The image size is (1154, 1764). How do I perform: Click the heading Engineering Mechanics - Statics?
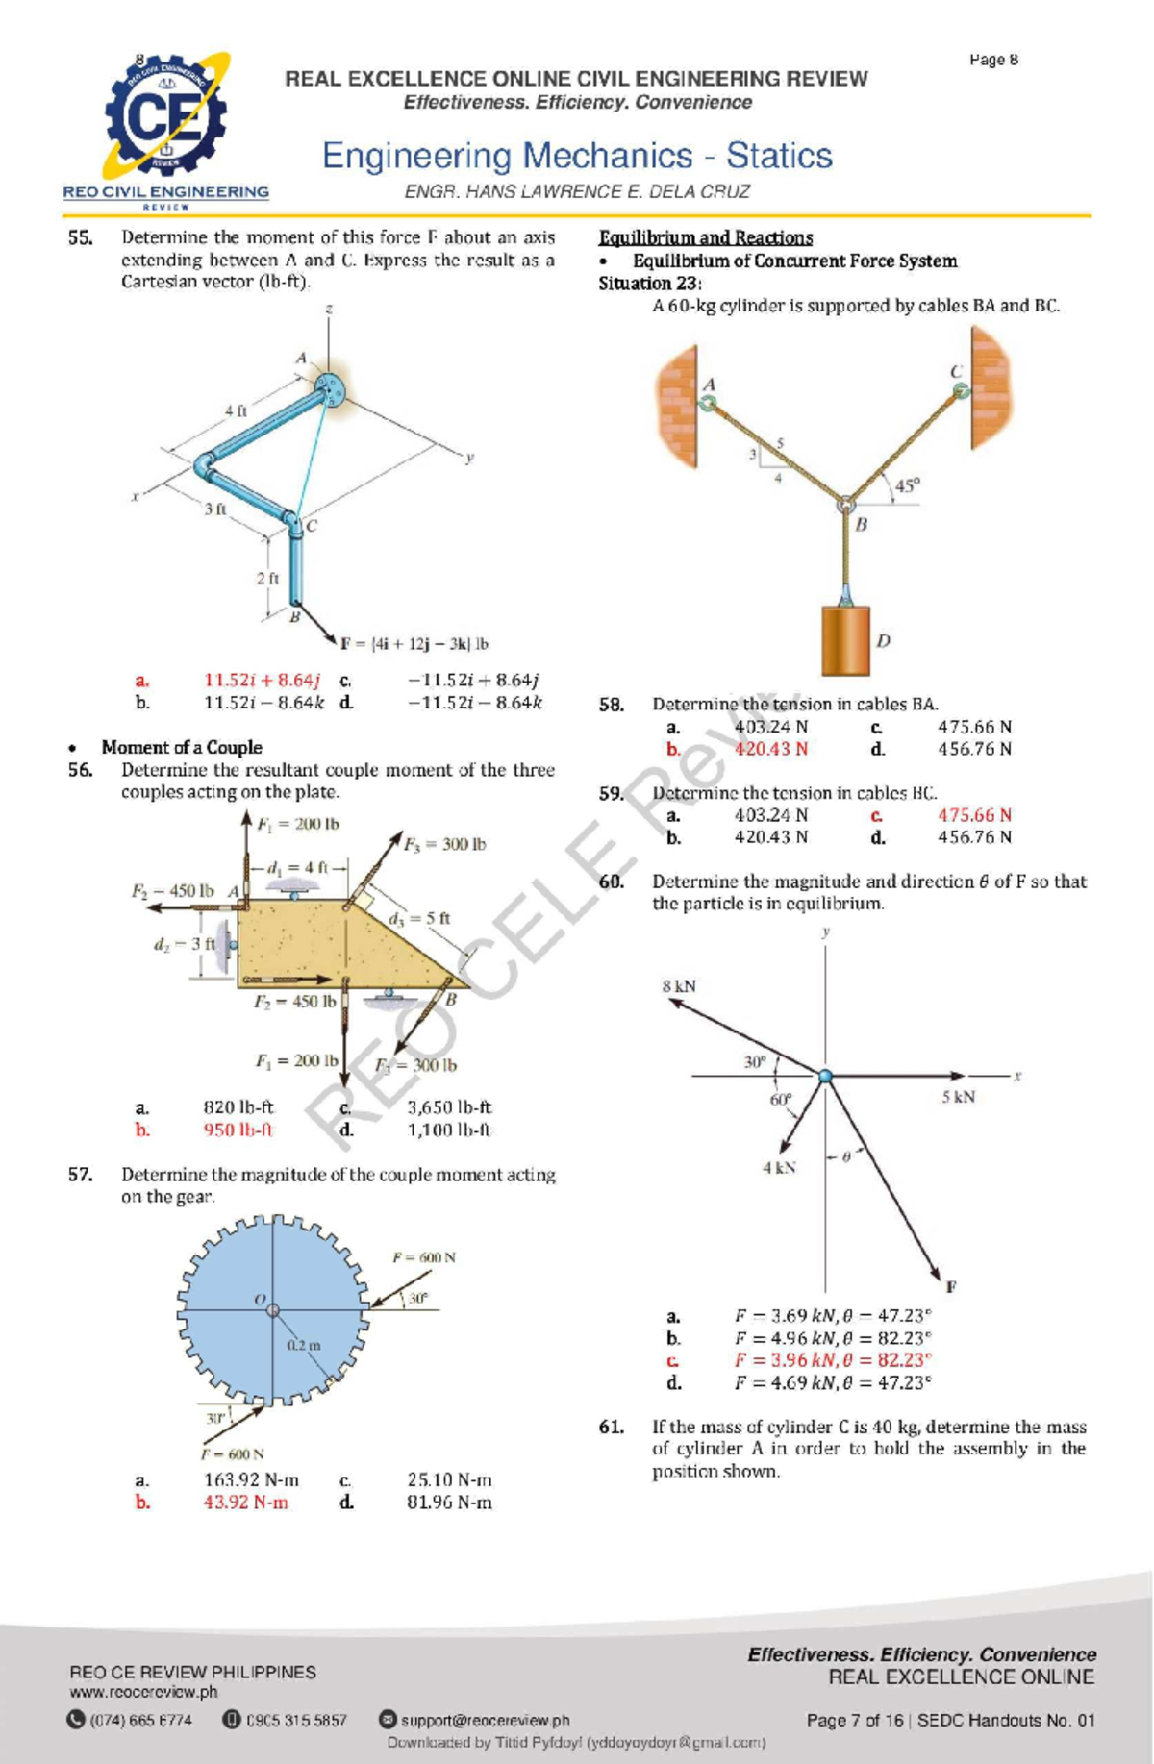(x=577, y=156)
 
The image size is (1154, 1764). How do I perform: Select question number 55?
(x=80, y=237)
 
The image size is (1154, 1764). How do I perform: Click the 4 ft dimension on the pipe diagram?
(x=236, y=410)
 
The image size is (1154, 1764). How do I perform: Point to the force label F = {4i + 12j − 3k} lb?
(x=414, y=643)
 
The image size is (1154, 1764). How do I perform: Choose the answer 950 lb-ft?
(x=238, y=1130)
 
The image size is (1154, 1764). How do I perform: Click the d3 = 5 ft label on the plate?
(x=419, y=918)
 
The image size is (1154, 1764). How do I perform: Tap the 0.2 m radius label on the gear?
(x=304, y=1345)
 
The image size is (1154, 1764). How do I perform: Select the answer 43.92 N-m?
(x=245, y=1502)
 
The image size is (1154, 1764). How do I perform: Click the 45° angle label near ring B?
(x=907, y=485)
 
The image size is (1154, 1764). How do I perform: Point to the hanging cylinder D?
(x=845, y=639)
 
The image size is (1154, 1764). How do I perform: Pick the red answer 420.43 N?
(x=771, y=749)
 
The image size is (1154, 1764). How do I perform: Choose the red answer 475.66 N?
(x=974, y=815)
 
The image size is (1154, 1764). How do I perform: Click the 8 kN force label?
(x=679, y=986)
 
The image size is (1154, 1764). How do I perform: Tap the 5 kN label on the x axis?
(x=958, y=1097)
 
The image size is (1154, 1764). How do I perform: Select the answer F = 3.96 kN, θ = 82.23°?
(x=833, y=1360)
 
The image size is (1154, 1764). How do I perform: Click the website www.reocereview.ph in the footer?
(x=143, y=1692)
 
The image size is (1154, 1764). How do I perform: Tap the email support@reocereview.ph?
(x=485, y=1720)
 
